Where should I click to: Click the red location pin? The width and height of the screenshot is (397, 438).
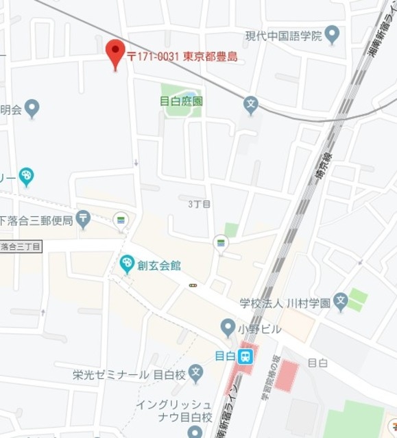point(115,52)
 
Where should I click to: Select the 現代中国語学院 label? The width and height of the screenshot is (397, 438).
point(283,36)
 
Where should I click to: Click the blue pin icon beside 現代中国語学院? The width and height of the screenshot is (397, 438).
point(333,34)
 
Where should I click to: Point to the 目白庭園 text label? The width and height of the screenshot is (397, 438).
point(181,101)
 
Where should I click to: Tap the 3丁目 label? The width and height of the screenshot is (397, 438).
point(199,204)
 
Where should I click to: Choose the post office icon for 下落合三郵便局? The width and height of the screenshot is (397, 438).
point(83,219)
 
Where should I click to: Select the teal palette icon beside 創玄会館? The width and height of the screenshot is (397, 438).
point(127,263)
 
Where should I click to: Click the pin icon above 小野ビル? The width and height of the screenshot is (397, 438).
point(228,327)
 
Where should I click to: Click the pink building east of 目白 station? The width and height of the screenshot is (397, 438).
point(287,375)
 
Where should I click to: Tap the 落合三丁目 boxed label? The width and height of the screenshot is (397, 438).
point(21,246)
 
